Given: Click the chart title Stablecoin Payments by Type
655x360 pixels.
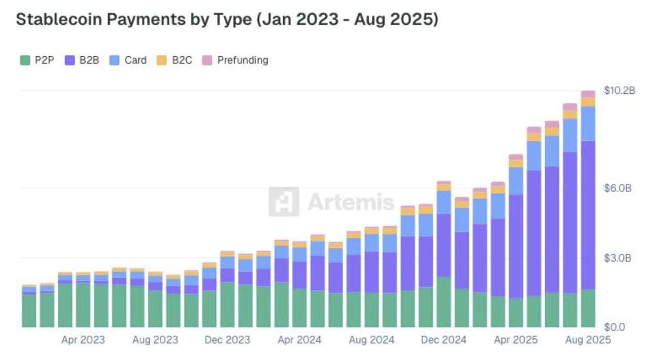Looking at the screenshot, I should [227, 20].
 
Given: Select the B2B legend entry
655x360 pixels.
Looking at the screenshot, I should [82, 60].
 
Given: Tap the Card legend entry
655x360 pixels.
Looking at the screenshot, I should [129, 60].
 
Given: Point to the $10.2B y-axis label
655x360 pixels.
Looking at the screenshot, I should [620, 91].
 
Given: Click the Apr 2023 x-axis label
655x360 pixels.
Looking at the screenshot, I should [83, 340].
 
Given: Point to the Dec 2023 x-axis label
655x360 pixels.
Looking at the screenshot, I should [227, 340].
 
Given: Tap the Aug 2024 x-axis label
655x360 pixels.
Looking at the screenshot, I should [371, 340].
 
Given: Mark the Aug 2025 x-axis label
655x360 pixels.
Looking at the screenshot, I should [588, 340].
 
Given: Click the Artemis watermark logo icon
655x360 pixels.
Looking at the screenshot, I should [284, 202].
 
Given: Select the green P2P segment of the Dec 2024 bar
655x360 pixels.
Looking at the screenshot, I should [444, 303].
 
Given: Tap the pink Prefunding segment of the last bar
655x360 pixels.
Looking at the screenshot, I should [588, 94].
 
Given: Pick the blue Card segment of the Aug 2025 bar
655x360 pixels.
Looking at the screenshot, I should [588, 123].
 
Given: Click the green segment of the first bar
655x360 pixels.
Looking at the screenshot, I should [29, 311].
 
